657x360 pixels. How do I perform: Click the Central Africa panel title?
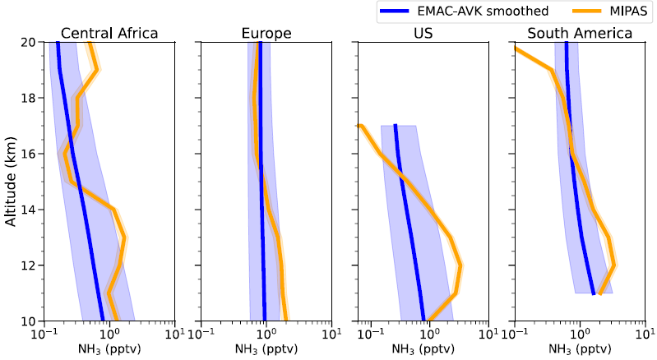point(109,34)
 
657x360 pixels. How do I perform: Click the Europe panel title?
point(266,34)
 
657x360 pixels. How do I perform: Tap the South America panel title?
point(580,34)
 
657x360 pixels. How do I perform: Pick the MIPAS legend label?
point(618,11)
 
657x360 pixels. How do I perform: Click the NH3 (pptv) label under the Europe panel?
point(266,348)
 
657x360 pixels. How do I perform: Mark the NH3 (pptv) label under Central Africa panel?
point(109,348)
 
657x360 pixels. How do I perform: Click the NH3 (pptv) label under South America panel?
point(580,348)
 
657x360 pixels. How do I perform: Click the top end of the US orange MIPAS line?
point(359,126)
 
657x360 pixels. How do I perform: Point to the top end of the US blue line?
point(396,126)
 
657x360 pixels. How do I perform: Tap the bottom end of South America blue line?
point(594,293)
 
